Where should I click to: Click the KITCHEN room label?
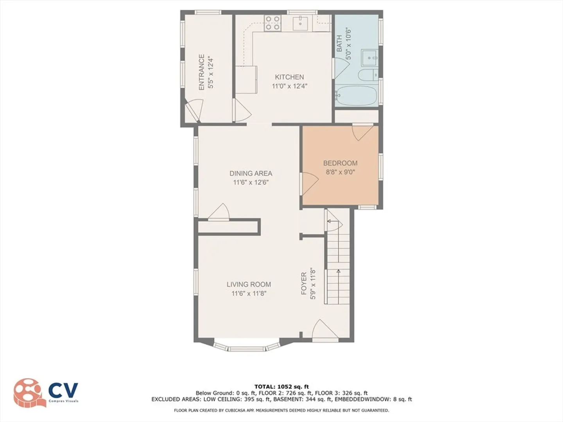(x=289, y=77)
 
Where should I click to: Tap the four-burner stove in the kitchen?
(x=273, y=23)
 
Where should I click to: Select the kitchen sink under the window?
(x=300, y=23)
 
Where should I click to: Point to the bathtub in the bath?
(x=356, y=96)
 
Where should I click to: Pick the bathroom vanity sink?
(x=369, y=58)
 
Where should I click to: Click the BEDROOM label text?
(x=340, y=163)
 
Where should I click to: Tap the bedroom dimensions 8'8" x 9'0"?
(x=340, y=172)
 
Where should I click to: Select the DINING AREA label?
(x=251, y=173)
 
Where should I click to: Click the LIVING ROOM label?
(x=249, y=284)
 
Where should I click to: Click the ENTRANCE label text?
(x=202, y=72)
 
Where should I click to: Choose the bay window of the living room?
(x=246, y=347)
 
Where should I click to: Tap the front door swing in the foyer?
(x=324, y=329)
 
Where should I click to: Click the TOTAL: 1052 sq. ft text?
(x=281, y=387)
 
